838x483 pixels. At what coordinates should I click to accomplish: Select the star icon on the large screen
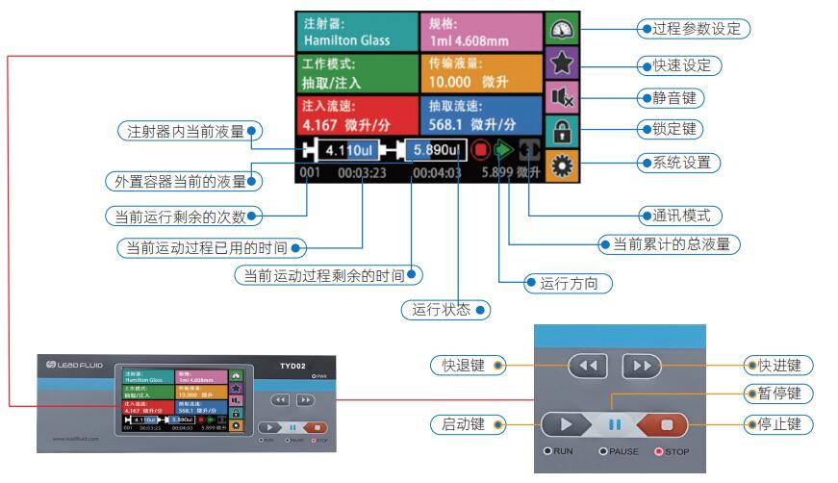point(556,64)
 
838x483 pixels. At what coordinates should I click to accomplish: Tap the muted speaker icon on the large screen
point(556,97)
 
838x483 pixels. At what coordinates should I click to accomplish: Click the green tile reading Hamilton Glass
point(356,32)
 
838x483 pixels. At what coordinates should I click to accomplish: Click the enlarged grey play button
point(569,424)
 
